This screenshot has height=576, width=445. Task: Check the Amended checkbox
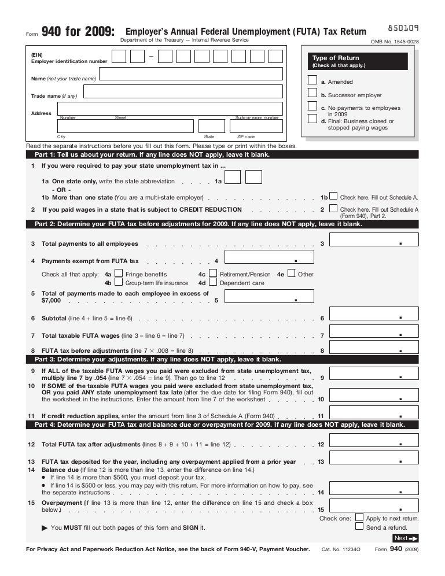[312, 81]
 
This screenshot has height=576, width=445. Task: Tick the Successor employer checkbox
[312, 93]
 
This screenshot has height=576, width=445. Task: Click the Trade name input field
[183, 91]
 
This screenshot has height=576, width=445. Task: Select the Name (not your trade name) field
[190, 73]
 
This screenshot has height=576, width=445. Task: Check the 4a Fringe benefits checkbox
[119, 274]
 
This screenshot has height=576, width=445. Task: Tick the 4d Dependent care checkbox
[213, 283]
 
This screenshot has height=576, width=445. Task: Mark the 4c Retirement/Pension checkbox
[213, 274]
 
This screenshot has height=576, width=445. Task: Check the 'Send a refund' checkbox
[359, 527]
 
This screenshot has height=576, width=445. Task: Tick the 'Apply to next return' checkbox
[359, 518]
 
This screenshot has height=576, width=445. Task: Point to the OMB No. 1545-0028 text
[395, 42]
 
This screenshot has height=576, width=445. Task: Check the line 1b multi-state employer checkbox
[333, 197]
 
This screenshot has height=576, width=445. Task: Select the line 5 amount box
[269, 297]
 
